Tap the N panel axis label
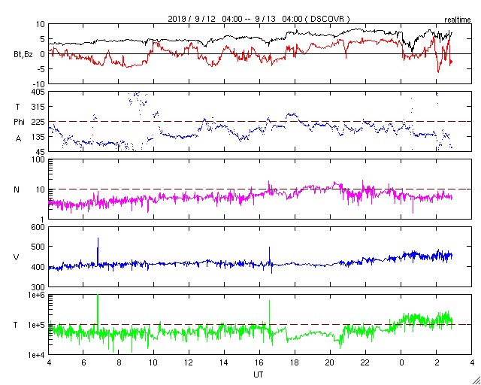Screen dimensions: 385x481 pos(17,189)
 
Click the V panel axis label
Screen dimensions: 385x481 pos(17,257)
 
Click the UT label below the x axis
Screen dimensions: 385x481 pos(259,374)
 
